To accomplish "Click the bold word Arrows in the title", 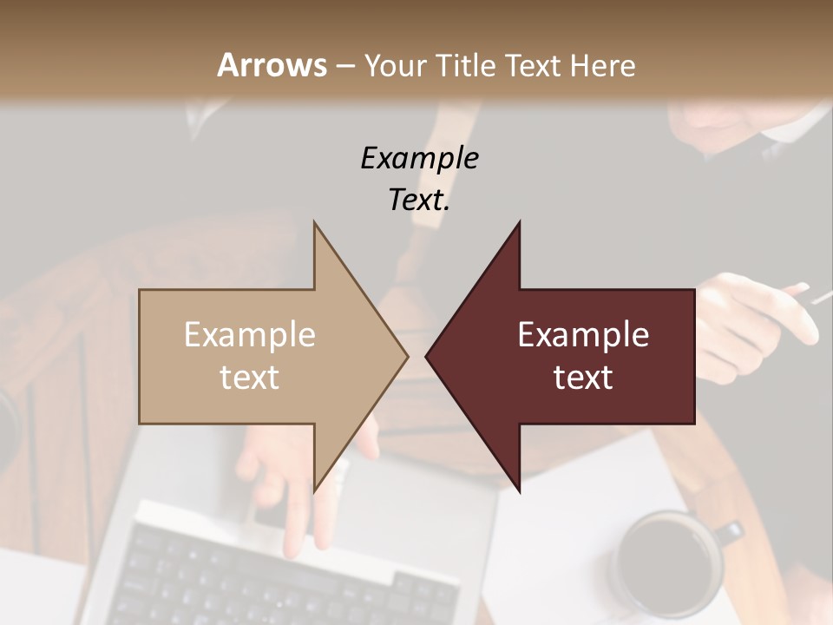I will [272, 65].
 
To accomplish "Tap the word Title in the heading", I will [468, 65].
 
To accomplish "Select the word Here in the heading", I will [601, 65].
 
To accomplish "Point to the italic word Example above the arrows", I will [419, 158].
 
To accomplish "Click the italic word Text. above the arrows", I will [419, 200].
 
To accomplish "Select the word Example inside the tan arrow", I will [250, 335].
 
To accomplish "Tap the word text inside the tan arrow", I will [250, 378].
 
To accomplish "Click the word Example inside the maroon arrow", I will [583, 335].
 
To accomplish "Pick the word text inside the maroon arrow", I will [583, 378].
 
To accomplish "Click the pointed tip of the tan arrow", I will [406, 356].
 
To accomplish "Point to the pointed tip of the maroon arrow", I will [428, 356].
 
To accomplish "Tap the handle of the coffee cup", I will [731, 532].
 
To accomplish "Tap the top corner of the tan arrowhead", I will [315, 224].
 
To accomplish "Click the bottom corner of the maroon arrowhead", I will [519, 490].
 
